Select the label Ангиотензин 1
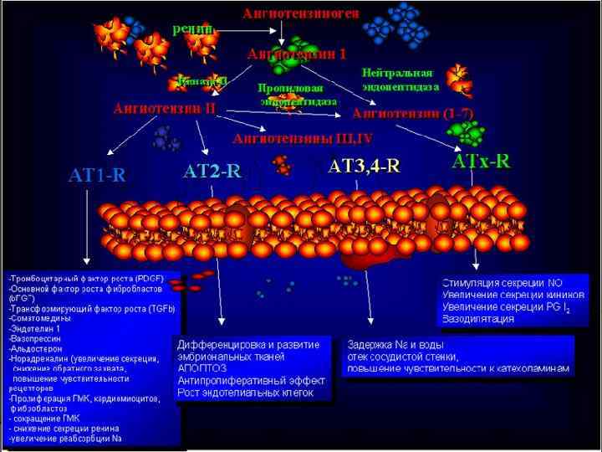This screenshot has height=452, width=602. coord(297,54)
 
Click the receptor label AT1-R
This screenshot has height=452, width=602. coord(96,175)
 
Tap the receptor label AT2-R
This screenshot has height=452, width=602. coord(212,172)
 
